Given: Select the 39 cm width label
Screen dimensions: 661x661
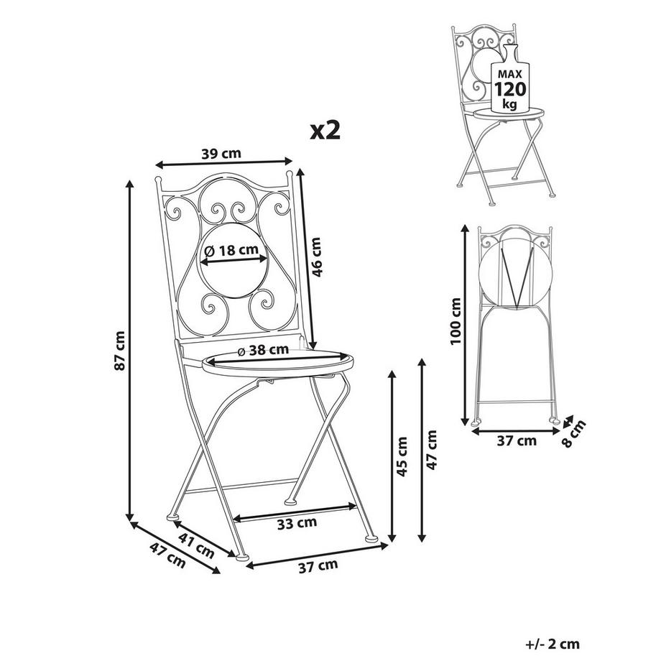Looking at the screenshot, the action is (x=221, y=154).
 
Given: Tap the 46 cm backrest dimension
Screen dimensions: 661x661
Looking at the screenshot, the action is (x=316, y=257).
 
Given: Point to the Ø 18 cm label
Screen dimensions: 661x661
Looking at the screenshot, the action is (x=231, y=251).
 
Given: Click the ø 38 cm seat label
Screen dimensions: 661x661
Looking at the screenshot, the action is (x=263, y=349).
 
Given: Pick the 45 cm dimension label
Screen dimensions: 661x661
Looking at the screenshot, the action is (x=402, y=456).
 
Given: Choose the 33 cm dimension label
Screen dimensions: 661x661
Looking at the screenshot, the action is (x=297, y=523).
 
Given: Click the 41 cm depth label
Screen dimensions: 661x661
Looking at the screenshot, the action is (x=196, y=545).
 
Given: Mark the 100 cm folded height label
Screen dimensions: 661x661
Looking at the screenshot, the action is (x=456, y=321).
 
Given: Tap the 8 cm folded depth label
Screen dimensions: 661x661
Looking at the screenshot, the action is (x=575, y=433).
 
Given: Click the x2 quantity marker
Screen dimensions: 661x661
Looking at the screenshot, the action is (x=325, y=130).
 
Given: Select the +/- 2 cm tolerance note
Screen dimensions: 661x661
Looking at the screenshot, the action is (x=553, y=644).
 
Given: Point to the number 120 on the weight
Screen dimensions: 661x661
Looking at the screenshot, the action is (x=510, y=89).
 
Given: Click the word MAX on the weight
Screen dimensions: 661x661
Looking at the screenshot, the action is (x=510, y=74).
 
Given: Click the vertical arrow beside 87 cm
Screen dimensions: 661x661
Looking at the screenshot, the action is (x=130, y=350).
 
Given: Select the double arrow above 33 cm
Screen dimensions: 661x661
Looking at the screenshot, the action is (x=295, y=511).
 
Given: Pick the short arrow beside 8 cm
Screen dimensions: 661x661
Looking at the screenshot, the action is (x=568, y=421).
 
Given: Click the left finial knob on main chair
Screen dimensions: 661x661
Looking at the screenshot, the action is (x=158, y=180).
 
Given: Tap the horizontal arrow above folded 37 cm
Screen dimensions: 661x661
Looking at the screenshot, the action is (x=516, y=431).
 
